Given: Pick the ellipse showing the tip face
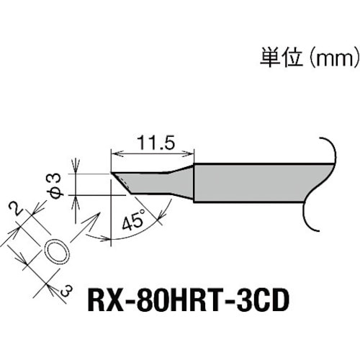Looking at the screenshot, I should click(x=58, y=251).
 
